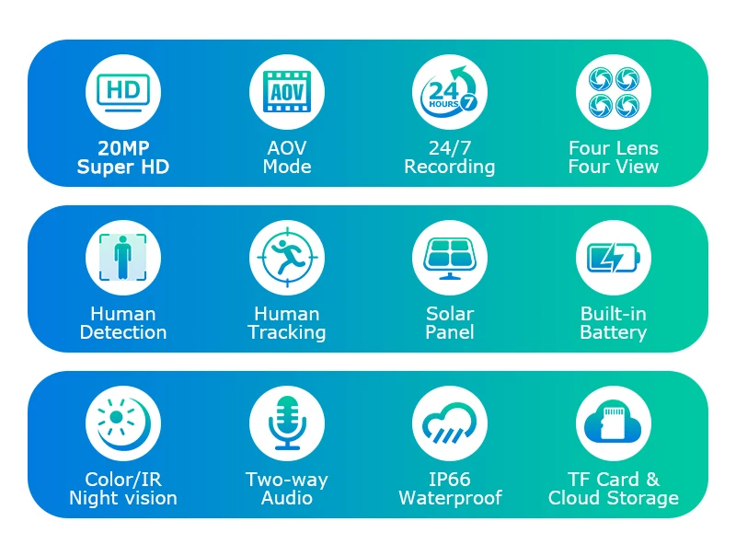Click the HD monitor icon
pyautogui.click(x=123, y=92)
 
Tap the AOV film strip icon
pyautogui.click(x=287, y=91)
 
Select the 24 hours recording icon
pyautogui.click(x=449, y=89)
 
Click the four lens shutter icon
pyautogui.click(x=614, y=91)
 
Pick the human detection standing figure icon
pyautogui.click(x=123, y=258)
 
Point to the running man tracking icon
pyautogui.click(x=287, y=258)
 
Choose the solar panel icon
pyautogui.click(x=449, y=259)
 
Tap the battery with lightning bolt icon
pyautogui.click(x=614, y=258)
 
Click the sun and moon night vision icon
pyautogui.click(x=124, y=423)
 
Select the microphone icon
pyautogui.click(x=287, y=423)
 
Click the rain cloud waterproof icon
pyautogui.click(x=449, y=423)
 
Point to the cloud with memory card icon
pyautogui.click(x=613, y=423)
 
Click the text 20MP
pyautogui.click(x=123, y=148)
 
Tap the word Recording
pyautogui.click(x=450, y=168)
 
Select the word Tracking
pyautogui.click(x=287, y=332)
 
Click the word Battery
pyautogui.click(x=614, y=332)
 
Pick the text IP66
pyautogui.click(x=449, y=480)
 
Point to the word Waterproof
pyautogui.click(x=450, y=498)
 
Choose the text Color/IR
pyautogui.click(x=123, y=480)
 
